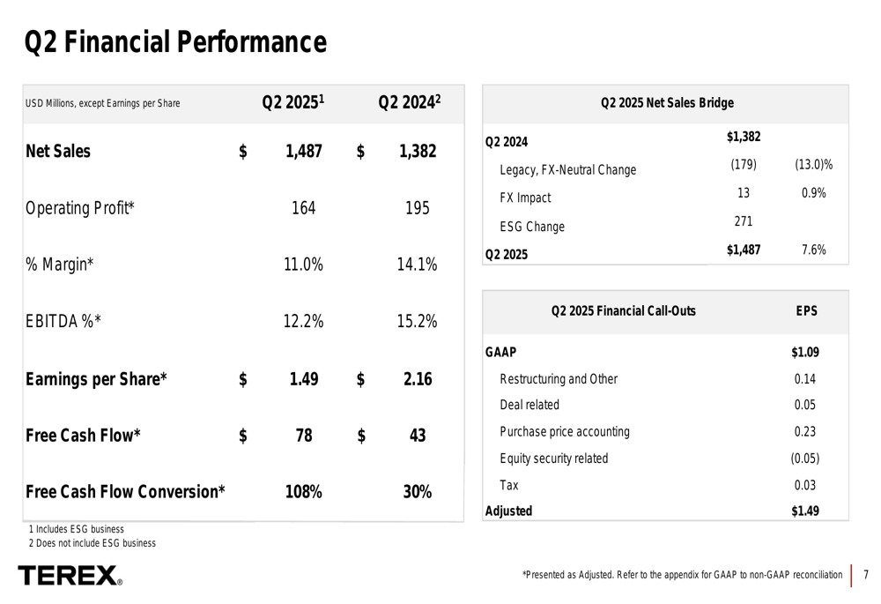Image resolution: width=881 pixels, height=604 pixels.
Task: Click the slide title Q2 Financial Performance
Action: point(175,41)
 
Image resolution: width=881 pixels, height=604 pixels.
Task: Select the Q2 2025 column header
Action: point(293,103)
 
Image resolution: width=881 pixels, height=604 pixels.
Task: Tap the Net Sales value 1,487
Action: point(304,152)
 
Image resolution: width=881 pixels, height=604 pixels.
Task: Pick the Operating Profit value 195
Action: point(418,209)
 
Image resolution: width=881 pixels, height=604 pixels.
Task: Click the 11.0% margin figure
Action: point(304,265)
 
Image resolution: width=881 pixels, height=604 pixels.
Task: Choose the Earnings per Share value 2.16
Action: point(418,379)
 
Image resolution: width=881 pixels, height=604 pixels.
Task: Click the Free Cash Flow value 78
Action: point(304,436)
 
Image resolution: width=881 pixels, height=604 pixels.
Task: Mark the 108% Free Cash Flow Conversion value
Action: point(303,492)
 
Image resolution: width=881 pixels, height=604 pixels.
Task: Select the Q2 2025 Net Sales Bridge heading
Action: point(667,103)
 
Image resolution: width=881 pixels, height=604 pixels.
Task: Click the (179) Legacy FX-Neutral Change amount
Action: point(743,165)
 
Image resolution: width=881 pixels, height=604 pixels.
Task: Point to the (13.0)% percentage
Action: point(814,165)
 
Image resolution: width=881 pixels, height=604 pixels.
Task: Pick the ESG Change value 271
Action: point(744,221)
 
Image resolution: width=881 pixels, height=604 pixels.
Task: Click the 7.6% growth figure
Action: point(814,250)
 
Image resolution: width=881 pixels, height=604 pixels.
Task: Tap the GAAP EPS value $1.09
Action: point(805,353)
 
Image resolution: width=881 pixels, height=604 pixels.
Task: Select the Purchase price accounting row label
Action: point(565,432)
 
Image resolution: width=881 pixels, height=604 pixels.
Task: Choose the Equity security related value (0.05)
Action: point(805,459)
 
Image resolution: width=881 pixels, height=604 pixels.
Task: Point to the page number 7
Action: point(866,576)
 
